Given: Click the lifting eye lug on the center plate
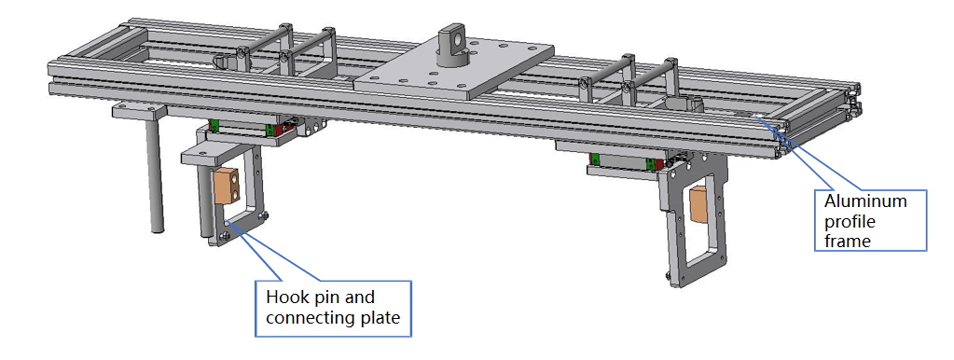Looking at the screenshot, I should (456, 43).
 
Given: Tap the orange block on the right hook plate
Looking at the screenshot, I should (698, 205).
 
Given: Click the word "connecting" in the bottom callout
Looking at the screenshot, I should (311, 318).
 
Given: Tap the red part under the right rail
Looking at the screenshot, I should (659, 164).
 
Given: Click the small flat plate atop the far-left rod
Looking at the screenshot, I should (138, 111).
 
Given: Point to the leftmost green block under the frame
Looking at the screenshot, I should (214, 125).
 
